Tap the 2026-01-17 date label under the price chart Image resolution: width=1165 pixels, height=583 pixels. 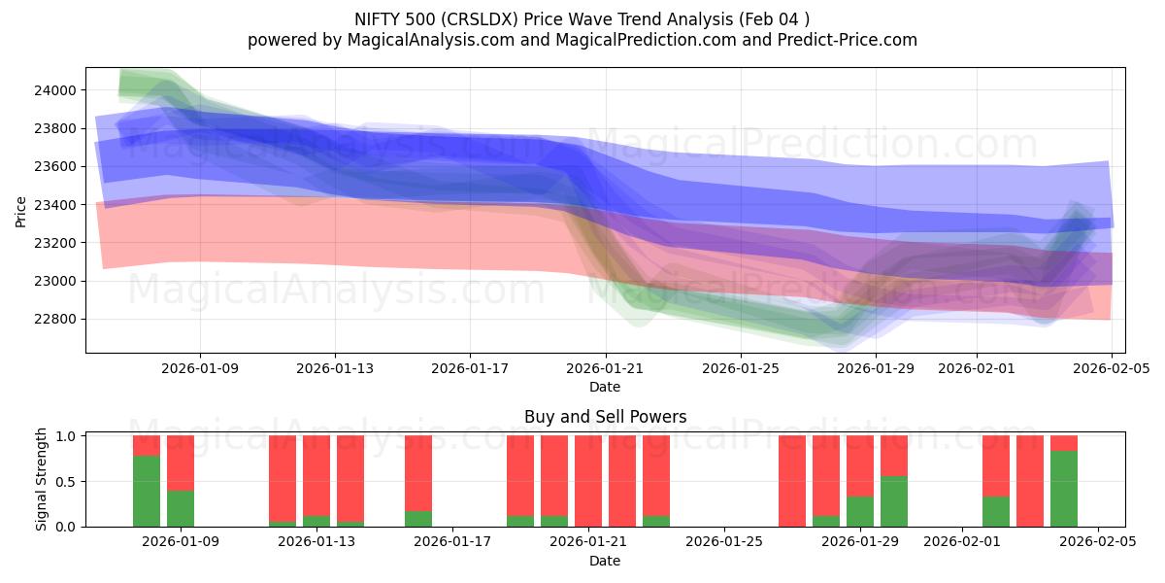[x=470, y=368]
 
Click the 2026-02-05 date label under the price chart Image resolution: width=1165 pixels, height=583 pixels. [x=1112, y=368]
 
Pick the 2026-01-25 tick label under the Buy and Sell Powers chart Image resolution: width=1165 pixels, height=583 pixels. [x=724, y=542]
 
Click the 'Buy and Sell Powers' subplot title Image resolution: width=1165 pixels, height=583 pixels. [x=605, y=417]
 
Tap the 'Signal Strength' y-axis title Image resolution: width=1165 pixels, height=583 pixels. [x=42, y=480]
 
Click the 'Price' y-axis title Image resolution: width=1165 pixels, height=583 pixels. [x=21, y=210]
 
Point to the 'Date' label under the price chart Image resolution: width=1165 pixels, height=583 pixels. [x=605, y=387]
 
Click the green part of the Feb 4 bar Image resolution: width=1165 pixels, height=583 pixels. [x=1064, y=489]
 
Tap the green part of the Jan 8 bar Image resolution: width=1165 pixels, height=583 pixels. [x=147, y=492]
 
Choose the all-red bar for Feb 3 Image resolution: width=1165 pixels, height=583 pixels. [x=1030, y=481]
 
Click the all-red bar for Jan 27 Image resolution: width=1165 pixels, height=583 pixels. [x=792, y=481]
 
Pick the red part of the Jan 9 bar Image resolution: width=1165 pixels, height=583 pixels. [x=181, y=463]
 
